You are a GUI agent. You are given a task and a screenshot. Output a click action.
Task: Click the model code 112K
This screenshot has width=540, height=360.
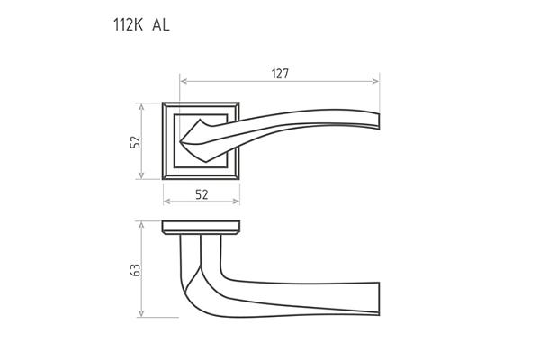pyautogui.click(x=128, y=25)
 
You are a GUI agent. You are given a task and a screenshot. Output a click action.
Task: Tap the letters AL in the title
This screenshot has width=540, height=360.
pyautogui.click(x=161, y=25)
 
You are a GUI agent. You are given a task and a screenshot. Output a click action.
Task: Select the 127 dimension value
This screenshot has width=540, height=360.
pyautogui.click(x=280, y=74)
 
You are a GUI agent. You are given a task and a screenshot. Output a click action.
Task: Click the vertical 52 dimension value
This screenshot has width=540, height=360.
pyautogui.click(x=135, y=141)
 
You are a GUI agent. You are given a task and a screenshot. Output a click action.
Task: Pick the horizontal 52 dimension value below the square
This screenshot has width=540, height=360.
pyautogui.click(x=202, y=194)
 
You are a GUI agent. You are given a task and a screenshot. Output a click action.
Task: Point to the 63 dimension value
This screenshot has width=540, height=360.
pyautogui.click(x=135, y=270)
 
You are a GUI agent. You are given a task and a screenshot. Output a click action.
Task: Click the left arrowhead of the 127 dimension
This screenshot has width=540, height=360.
pyautogui.click(x=184, y=81)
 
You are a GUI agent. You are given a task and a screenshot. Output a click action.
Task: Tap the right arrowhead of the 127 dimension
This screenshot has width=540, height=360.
pyautogui.click(x=375, y=81)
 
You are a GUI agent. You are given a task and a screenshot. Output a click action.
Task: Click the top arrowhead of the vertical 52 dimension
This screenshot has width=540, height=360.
pyautogui.click(x=141, y=106)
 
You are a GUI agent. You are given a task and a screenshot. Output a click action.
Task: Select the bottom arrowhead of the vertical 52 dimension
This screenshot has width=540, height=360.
pyautogui.click(x=141, y=175)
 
